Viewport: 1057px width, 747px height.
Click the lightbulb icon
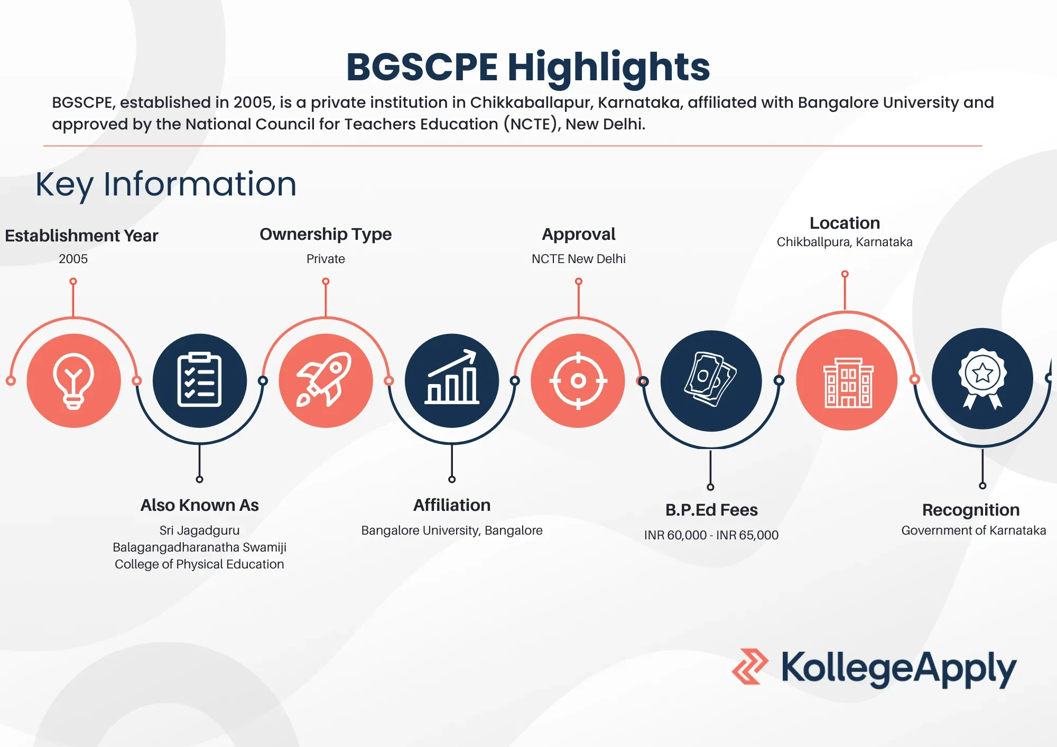73,381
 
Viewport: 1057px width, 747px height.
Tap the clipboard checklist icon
199,380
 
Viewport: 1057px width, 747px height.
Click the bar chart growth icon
452,379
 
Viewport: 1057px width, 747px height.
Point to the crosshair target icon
578,380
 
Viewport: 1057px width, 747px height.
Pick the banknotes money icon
711,380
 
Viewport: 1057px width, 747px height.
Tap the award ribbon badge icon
982,378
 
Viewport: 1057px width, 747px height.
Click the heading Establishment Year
81,236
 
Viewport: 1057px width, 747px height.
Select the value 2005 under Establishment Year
73,259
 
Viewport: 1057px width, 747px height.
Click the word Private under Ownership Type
326,259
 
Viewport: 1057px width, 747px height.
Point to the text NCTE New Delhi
579,259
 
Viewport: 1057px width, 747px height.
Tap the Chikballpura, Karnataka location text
845,242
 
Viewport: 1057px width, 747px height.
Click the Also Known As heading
199,506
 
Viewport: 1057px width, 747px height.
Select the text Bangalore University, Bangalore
452,530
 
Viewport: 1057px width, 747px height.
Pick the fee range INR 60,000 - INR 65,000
711,535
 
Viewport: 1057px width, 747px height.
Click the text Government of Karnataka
973,530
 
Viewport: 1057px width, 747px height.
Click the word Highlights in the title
608,67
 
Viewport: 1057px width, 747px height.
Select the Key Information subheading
166,184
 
